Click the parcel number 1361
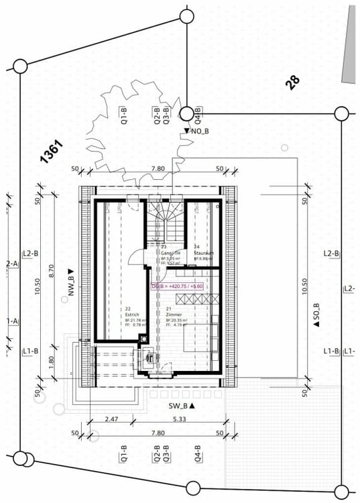pos(52,152)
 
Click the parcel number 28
pos(292,82)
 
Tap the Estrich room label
pos(131,315)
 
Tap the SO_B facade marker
pos(316,315)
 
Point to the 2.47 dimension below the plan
pos(112,419)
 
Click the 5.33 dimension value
pos(178,419)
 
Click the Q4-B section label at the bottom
pos(198,455)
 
